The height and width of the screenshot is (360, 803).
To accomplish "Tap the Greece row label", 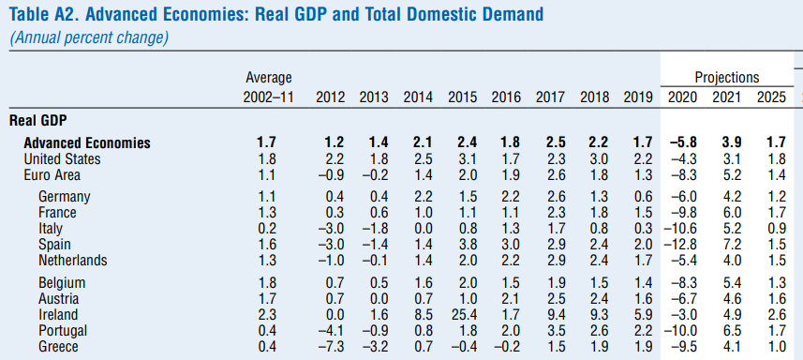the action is coord(58,347).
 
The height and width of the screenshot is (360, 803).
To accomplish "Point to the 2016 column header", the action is coord(507,97).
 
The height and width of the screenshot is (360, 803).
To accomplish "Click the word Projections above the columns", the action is coord(727,78).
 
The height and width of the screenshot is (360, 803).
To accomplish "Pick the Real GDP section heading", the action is coord(38,121).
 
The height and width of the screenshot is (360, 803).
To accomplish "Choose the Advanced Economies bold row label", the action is coord(87,142).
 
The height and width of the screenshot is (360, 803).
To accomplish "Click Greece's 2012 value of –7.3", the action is coord(333,347).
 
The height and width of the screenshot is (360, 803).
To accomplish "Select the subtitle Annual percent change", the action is coord(89,38).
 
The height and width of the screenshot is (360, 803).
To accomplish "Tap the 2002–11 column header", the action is coord(269,97).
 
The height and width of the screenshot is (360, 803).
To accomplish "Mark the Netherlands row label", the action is coord(73,260).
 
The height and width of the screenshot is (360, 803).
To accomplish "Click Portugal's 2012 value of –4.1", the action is coord(333,331).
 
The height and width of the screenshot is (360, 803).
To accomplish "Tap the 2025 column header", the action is coord(771,97).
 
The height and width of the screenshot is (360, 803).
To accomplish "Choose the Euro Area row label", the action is coord(52,175).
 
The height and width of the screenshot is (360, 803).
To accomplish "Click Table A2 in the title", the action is coord(42,14).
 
